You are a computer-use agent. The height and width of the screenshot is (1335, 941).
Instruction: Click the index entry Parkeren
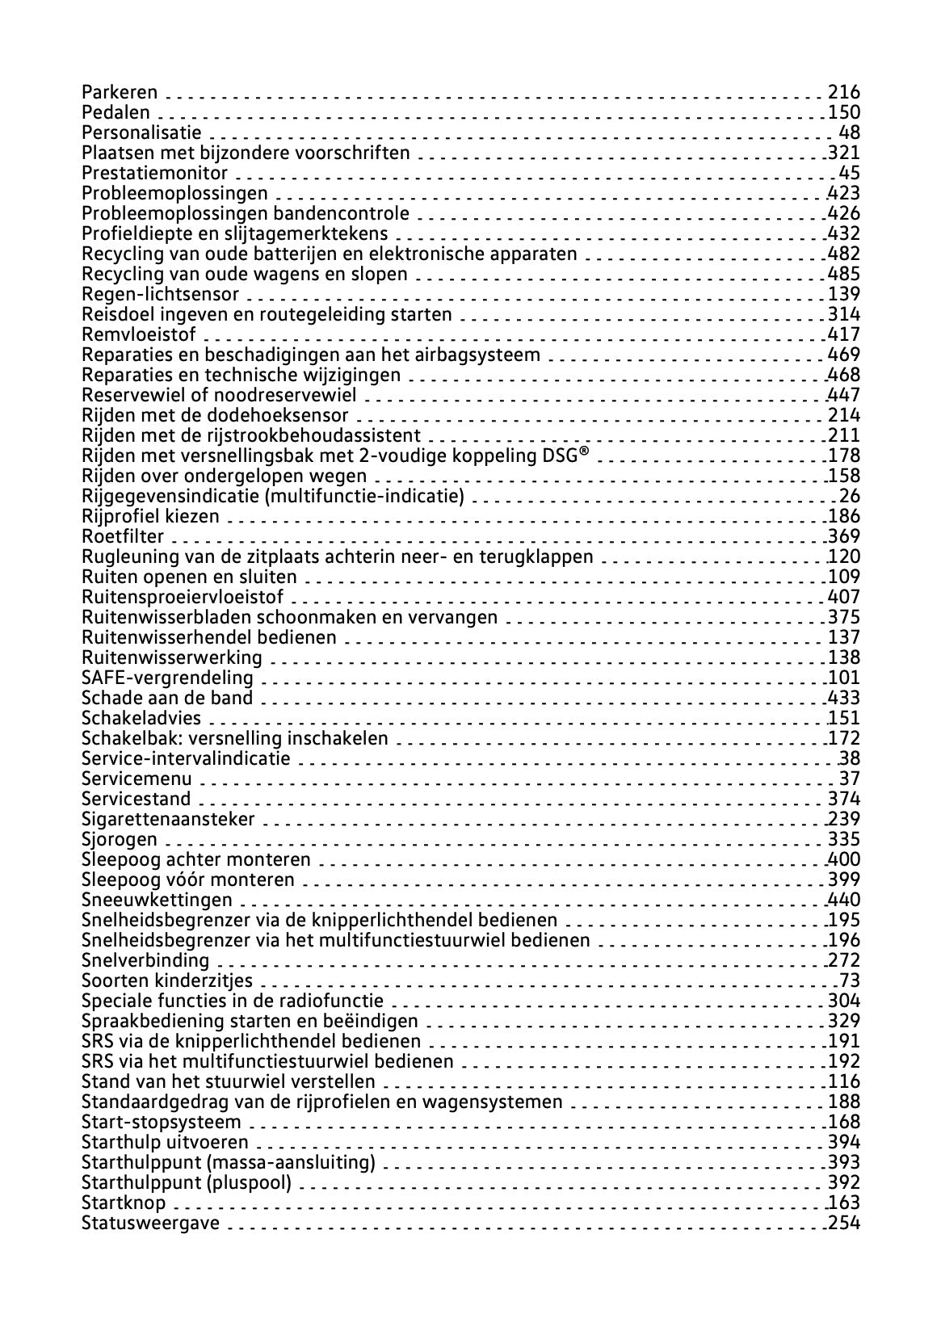click(120, 93)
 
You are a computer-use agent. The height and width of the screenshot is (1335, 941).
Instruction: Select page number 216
click(844, 93)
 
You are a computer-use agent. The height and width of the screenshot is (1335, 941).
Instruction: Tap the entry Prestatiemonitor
click(154, 174)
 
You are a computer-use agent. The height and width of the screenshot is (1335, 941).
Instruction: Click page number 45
click(850, 174)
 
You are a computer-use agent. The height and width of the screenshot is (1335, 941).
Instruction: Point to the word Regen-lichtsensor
click(160, 295)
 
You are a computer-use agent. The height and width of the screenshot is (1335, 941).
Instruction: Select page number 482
click(844, 254)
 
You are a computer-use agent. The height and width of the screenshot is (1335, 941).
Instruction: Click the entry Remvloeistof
click(138, 335)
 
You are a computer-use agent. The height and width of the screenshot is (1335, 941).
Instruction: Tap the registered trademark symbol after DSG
click(583, 455)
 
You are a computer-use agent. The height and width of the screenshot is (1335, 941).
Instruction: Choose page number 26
click(850, 497)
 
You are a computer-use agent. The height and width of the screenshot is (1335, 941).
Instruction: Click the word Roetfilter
click(123, 537)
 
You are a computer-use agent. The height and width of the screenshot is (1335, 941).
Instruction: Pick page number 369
click(844, 537)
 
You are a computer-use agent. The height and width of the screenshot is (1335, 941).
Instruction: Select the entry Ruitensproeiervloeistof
click(183, 598)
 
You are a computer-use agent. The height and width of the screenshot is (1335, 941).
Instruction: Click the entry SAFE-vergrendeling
click(167, 678)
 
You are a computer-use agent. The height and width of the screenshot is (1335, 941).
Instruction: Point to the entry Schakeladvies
click(141, 719)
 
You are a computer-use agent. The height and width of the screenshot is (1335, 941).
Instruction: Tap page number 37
click(850, 779)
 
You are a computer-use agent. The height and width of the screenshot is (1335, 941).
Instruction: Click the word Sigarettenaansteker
click(168, 820)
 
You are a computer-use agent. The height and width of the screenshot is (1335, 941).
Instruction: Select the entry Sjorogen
click(120, 840)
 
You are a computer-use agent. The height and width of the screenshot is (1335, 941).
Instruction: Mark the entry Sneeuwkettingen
click(157, 900)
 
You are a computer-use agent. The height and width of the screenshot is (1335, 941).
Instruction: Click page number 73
click(850, 981)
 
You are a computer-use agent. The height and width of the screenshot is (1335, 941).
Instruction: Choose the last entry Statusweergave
click(150, 1224)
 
